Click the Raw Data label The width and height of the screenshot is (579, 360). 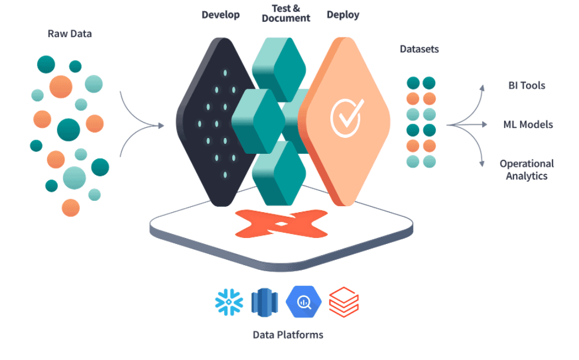tap(70, 34)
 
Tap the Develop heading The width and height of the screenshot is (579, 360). tap(221, 15)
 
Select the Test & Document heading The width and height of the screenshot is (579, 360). tap(286, 14)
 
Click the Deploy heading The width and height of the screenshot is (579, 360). tap(343, 15)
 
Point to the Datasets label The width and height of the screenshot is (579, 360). tap(419, 49)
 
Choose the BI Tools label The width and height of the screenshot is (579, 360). tap(527, 85)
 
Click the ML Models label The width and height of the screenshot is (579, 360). tap(528, 125)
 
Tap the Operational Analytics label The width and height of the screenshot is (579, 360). tap(527, 170)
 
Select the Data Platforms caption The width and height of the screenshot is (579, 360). tap(288, 335)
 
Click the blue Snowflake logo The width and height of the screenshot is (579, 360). tap(229, 302)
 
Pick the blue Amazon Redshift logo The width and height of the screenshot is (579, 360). tap(264, 302)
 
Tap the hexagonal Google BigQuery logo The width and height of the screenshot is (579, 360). tap(304, 302)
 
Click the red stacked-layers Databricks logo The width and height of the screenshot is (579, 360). tap(344, 302)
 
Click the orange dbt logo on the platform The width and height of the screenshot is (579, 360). tap(281, 223)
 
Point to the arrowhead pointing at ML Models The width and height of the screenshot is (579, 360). tap(485, 125)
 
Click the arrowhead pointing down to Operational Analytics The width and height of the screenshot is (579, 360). tap(482, 163)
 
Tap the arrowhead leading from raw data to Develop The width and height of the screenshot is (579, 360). tap(161, 125)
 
